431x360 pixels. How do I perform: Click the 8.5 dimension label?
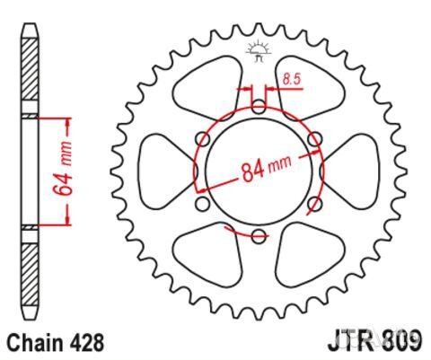coord(291,80)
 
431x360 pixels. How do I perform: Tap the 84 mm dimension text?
coord(266,168)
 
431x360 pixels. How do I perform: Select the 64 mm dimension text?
coord(63,170)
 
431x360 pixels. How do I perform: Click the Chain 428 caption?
coord(56,343)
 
